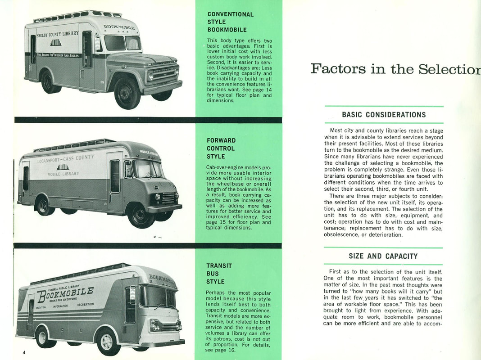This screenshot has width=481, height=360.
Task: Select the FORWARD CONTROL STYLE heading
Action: point(221,148)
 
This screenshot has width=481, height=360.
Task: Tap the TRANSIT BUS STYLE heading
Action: point(219,274)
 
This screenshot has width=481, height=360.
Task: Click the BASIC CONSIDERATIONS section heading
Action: point(384,114)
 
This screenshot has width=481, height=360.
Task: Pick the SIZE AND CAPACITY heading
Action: point(383,256)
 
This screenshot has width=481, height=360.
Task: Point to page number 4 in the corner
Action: point(24,352)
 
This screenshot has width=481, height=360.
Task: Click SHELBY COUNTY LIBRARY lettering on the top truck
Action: point(57,34)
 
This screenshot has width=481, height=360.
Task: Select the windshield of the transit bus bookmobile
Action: point(158,297)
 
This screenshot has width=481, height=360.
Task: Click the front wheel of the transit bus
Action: point(109,341)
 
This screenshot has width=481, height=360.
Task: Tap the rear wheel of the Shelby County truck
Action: point(49,82)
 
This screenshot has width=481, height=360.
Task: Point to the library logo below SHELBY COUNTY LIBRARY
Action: point(55,42)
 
